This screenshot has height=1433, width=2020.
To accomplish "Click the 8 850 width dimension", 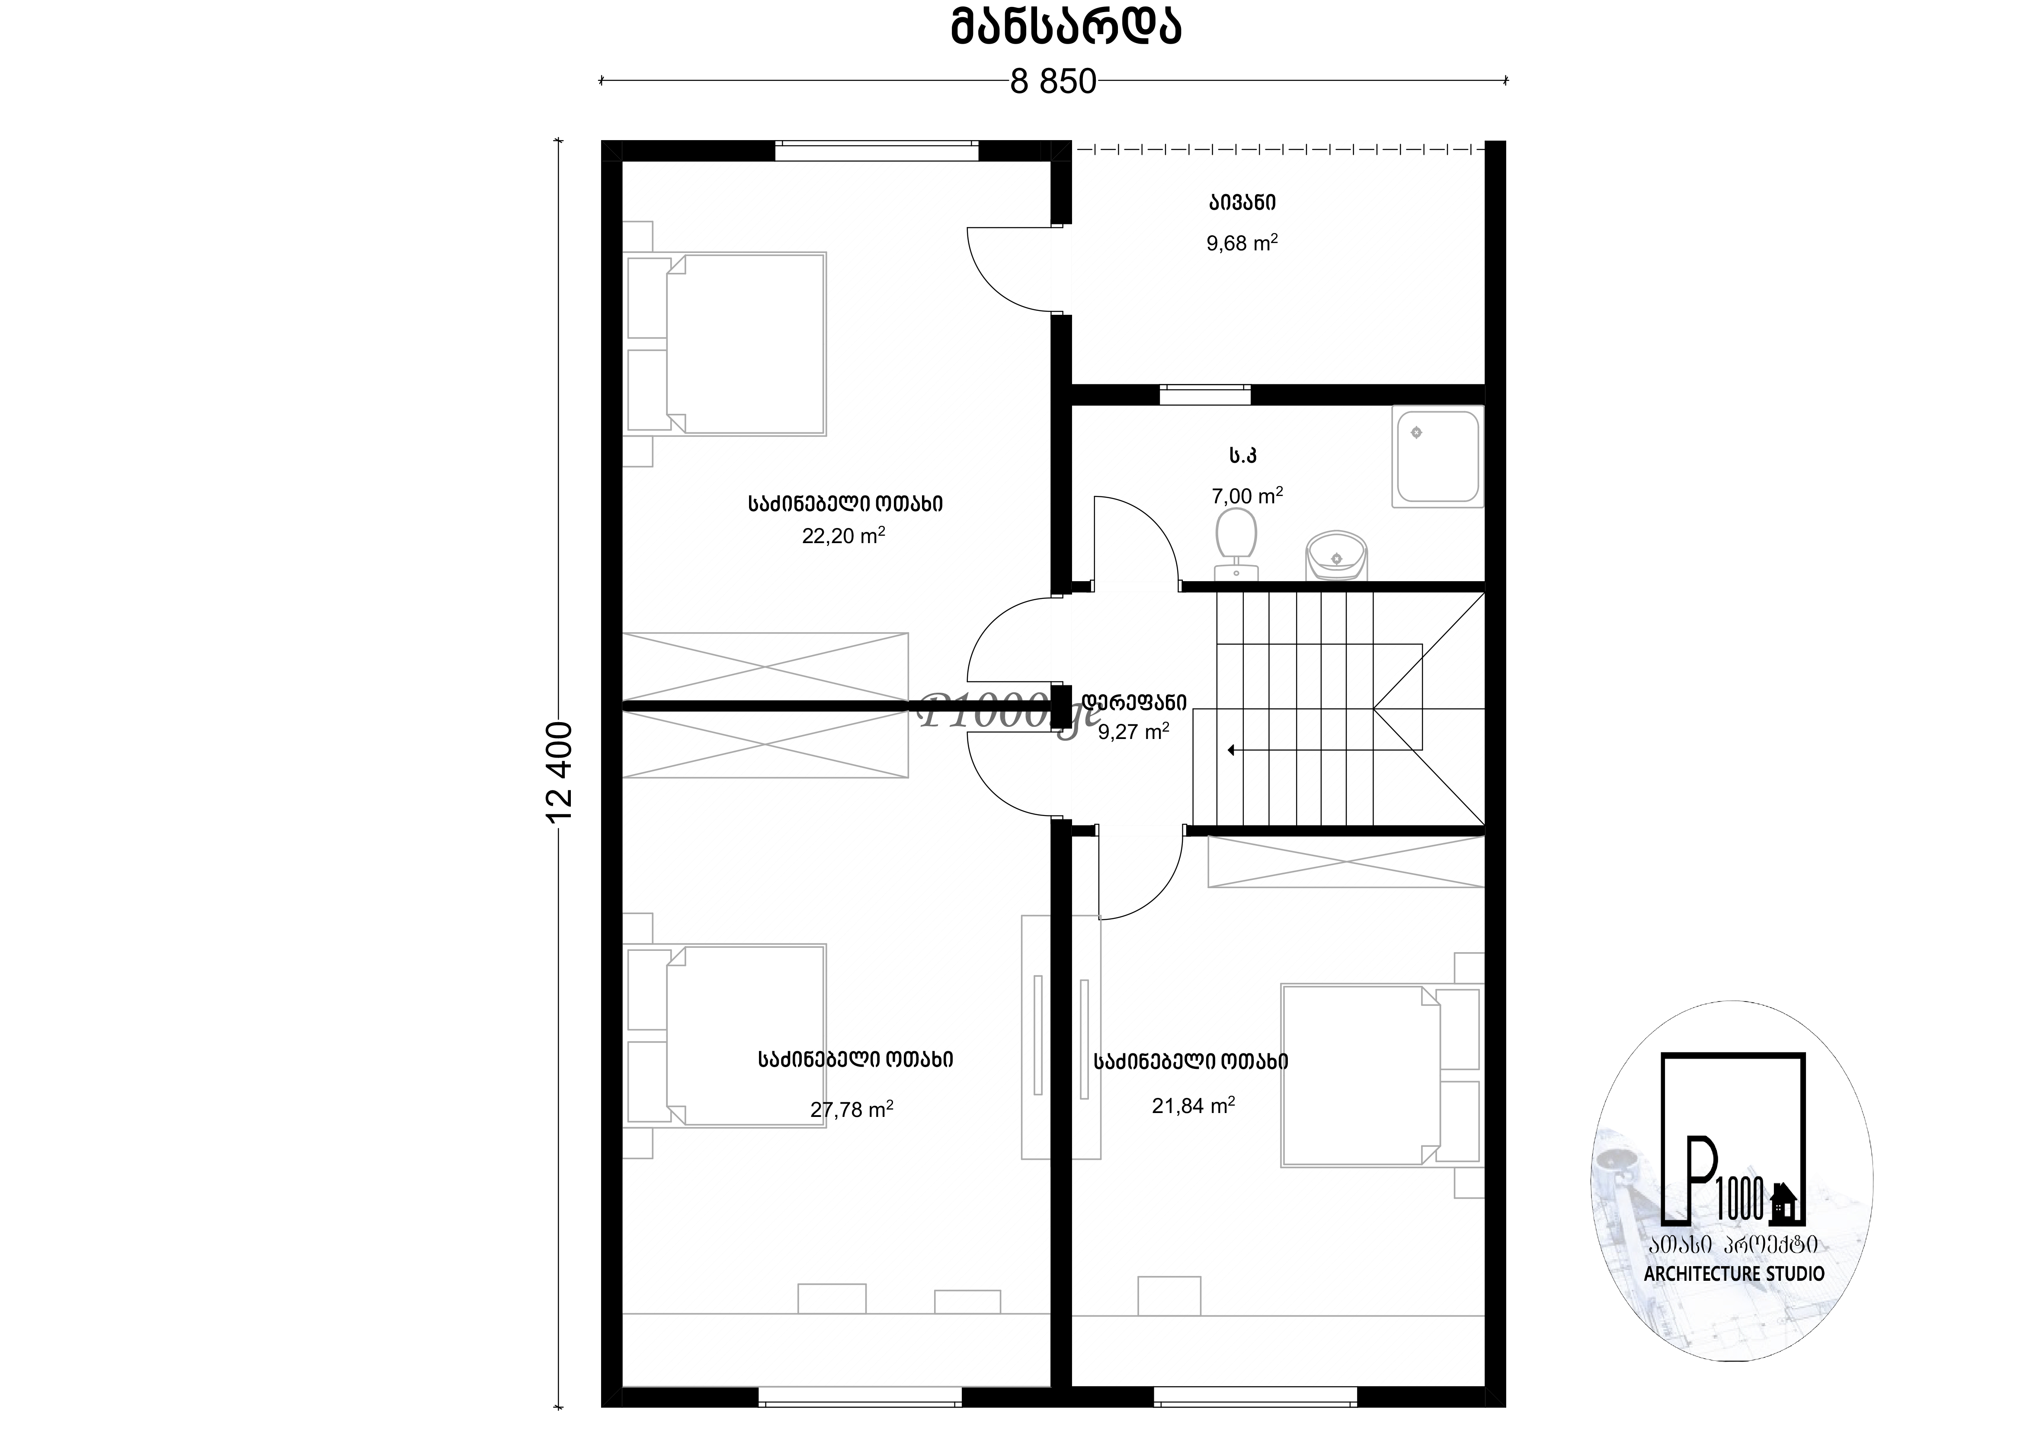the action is pyautogui.click(x=1053, y=82).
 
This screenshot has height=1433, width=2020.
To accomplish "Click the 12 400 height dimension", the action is pyautogui.click(x=560, y=772).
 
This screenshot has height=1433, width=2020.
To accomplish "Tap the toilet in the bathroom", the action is pyautogui.click(x=1236, y=544).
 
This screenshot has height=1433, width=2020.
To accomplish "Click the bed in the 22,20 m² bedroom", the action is pyautogui.click(x=725, y=344).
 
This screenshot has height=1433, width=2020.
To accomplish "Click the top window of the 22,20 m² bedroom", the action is pyautogui.click(x=876, y=150).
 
